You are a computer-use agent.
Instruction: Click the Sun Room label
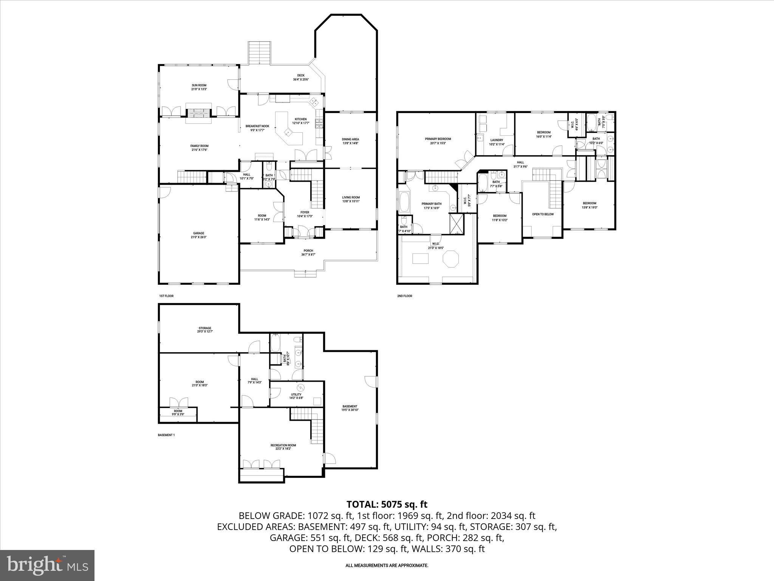199,85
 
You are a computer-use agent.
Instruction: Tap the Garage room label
198,233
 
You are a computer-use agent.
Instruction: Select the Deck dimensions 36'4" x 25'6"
301,80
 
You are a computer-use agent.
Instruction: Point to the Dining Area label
350,139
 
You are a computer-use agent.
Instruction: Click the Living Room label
351,197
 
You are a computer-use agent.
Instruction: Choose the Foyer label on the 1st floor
305,213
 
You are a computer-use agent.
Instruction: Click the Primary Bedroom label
438,139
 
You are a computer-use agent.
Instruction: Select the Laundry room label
497,140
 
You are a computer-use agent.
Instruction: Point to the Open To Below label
543,214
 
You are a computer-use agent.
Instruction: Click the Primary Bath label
431,204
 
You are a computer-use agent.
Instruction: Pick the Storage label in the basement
205,328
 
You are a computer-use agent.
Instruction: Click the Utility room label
296,395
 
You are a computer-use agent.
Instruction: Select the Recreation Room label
283,445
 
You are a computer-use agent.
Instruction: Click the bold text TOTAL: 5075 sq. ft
387,504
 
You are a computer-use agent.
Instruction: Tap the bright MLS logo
47,565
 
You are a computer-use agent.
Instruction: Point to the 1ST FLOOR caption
166,296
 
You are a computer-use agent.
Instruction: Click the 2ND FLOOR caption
404,296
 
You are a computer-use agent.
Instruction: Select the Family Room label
199,146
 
